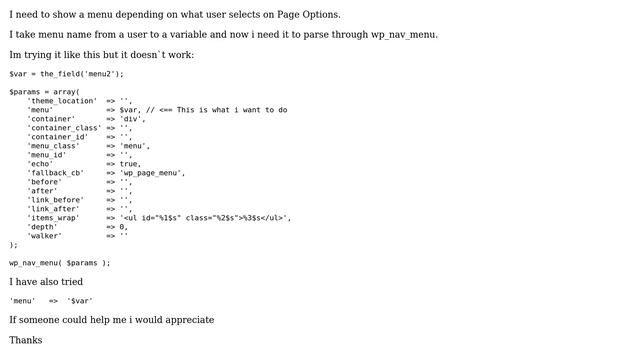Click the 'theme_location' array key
click(62, 101)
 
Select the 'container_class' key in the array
click(64, 128)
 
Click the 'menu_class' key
click(54, 146)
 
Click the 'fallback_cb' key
click(56, 173)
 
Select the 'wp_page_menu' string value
click(152, 173)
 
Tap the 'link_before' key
click(56, 200)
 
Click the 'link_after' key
click(54, 209)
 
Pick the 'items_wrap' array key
click(54, 218)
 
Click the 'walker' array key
click(45, 236)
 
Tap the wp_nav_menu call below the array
click(59, 263)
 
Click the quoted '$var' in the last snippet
click(80, 300)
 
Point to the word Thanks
click(26, 340)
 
